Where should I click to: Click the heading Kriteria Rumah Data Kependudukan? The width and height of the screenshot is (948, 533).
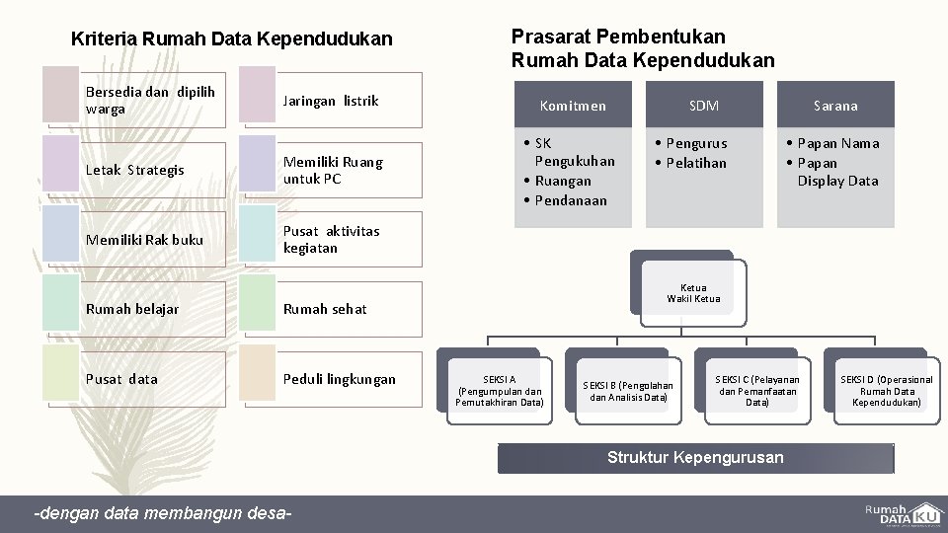point(232,39)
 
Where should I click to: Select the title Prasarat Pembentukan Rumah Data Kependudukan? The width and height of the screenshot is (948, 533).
point(643,48)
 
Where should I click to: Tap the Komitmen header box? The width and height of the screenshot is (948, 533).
point(573,105)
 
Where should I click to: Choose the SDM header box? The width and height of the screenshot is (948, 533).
point(704,105)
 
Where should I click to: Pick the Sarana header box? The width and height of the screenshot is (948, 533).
point(835,105)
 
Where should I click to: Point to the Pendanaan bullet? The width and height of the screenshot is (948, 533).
point(572,200)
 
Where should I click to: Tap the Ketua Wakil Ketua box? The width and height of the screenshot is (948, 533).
point(693,293)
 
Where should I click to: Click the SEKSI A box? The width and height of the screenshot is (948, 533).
point(500,390)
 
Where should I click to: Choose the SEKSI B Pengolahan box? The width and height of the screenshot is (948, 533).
point(628,391)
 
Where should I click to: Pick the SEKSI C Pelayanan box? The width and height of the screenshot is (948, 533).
point(757,390)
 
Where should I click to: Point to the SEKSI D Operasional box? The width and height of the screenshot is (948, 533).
point(886,391)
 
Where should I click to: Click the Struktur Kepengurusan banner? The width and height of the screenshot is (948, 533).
point(695,458)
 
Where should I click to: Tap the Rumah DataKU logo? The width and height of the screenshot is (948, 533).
point(902,514)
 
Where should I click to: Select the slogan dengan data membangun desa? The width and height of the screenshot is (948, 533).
point(163,514)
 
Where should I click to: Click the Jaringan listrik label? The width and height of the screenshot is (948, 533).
point(331,101)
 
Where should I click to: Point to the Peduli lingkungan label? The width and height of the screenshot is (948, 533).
point(339,379)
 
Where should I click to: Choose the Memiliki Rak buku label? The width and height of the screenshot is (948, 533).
point(144,240)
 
